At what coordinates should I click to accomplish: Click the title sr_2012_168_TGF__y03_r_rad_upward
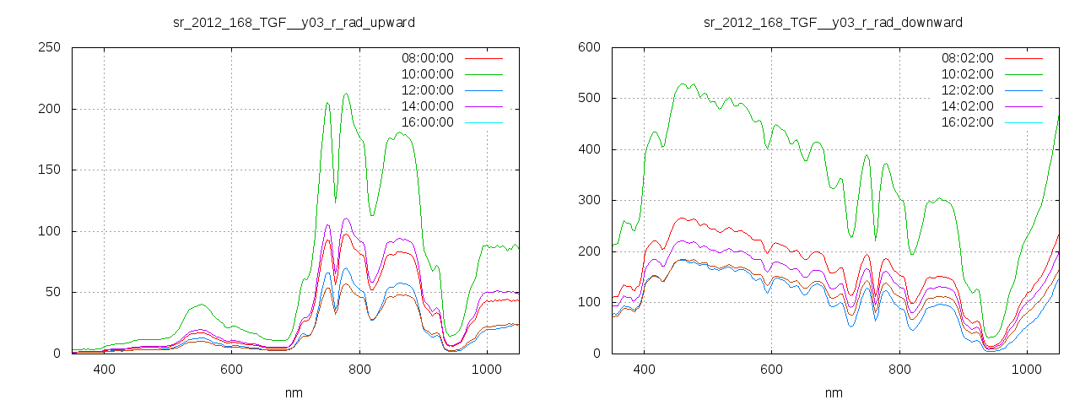(x=294, y=22)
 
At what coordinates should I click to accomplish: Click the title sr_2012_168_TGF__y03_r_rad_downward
(x=833, y=22)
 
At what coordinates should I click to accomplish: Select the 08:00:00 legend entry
(x=428, y=58)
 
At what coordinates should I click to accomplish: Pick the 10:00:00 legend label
(x=428, y=74)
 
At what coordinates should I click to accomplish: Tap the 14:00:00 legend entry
(x=428, y=106)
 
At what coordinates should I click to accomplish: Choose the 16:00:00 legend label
(x=428, y=122)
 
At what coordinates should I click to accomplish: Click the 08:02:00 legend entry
(x=968, y=58)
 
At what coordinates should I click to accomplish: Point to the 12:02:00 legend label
(x=968, y=90)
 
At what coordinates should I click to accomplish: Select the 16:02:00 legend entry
(x=968, y=122)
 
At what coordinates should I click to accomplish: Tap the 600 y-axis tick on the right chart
(x=589, y=48)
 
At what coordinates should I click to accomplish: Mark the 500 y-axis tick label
(x=589, y=99)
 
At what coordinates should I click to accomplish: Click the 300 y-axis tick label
(x=589, y=201)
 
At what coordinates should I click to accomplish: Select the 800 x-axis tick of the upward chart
(x=359, y=370)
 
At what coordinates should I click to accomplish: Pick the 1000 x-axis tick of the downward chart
(x=1027, y=370)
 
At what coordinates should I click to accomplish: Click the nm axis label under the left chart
(x=294, y=393)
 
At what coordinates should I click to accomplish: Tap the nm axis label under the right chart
(x=834, y=393)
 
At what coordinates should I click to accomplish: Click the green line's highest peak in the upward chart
(x=346, y=94)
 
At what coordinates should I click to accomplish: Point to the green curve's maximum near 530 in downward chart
(x=682, y=84)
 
